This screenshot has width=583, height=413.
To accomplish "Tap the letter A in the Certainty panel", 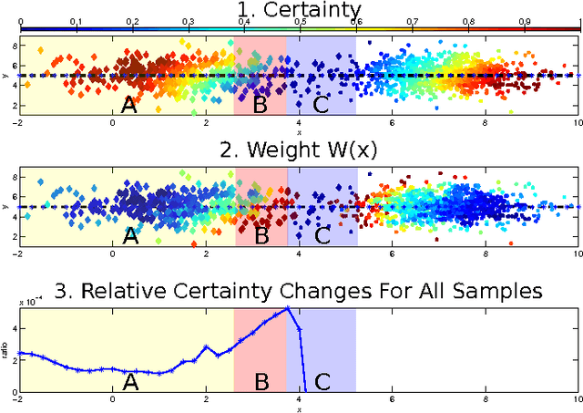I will point(129,106).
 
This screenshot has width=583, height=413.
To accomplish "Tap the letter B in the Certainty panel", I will point(261,106).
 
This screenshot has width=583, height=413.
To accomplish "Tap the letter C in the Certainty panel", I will point(321,106).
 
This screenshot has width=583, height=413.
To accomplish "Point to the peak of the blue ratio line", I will point(289,308).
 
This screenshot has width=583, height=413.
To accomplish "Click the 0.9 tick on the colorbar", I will point(525,20).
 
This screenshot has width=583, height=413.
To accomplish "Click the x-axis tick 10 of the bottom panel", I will point(576,399).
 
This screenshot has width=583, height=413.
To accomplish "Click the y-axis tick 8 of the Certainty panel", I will point(12,46).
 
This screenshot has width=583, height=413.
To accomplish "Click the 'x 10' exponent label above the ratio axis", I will point(32,302).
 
